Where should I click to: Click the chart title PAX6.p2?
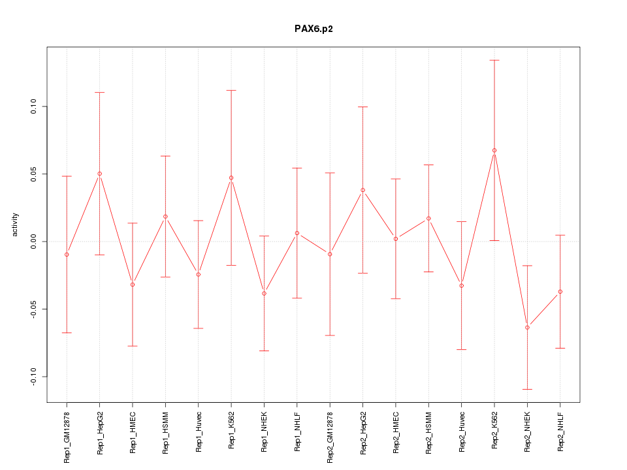(x=313, y=29)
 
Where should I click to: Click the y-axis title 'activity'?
(x=16, y=225)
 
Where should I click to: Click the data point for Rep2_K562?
(x=494, y=150)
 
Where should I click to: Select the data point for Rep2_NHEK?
(x=527, y=327)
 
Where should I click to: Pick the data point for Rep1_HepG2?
(x=99, y=174)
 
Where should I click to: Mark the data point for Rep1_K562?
(x=231, y=178)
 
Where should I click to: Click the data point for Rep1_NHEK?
(x=264, y=293)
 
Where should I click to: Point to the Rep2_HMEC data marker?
(x=396, y=239)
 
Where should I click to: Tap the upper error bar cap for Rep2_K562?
(x=494, y=60)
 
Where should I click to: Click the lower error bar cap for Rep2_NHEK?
(x=527, y=389)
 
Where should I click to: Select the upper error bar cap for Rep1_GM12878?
(x=67, y=176)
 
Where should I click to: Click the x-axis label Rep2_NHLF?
(x=560, y=431)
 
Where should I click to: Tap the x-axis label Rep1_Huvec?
(x=199, y=432)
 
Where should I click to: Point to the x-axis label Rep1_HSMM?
(x=165, y=432)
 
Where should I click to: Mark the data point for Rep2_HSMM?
(x=428, y=218)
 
